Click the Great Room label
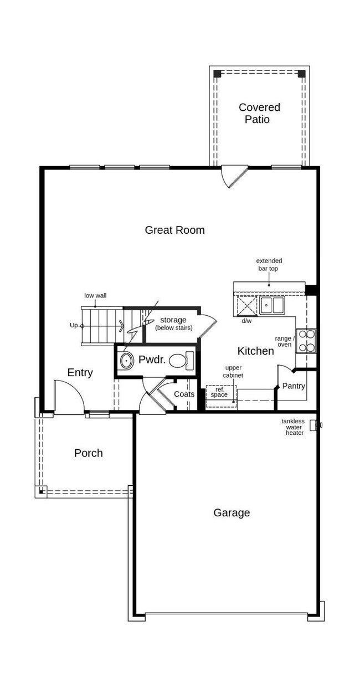point(174,230)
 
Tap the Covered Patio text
point(259,113)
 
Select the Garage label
point(232,513)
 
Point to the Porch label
point(89,453)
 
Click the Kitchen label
point(255,351)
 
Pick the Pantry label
point(294,386)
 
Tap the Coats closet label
point(184,394)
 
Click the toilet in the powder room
point(181,361)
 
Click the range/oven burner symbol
point(306,341)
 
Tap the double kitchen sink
point(272,305)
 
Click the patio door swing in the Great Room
point(233,176)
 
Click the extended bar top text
point(269,264)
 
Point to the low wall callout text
point(95,295)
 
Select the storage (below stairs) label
point(173,324)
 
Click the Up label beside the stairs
point(73,326)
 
